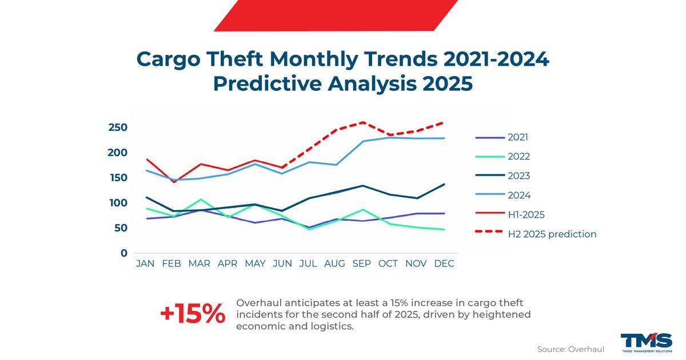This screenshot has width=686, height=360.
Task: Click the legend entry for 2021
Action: coord(517,137)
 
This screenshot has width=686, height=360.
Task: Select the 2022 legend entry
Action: coord(517,157)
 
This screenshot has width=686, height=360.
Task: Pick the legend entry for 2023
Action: coord(517,176)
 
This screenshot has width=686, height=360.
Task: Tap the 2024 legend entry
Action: coord(517,195)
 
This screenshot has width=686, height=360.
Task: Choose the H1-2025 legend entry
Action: coord(525,215)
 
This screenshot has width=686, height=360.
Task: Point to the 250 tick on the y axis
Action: coord(118,127)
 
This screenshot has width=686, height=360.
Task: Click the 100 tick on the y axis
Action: coord(118,203)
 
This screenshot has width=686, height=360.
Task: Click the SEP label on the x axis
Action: coord(361,264)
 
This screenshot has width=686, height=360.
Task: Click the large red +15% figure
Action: coord(192,314)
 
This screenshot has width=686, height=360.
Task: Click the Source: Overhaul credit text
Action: coord(570,349)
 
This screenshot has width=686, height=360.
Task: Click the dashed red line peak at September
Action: coord(361,122)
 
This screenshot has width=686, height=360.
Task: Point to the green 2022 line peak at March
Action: coord(201,199)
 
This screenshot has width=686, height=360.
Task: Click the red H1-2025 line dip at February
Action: coord(174,182)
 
